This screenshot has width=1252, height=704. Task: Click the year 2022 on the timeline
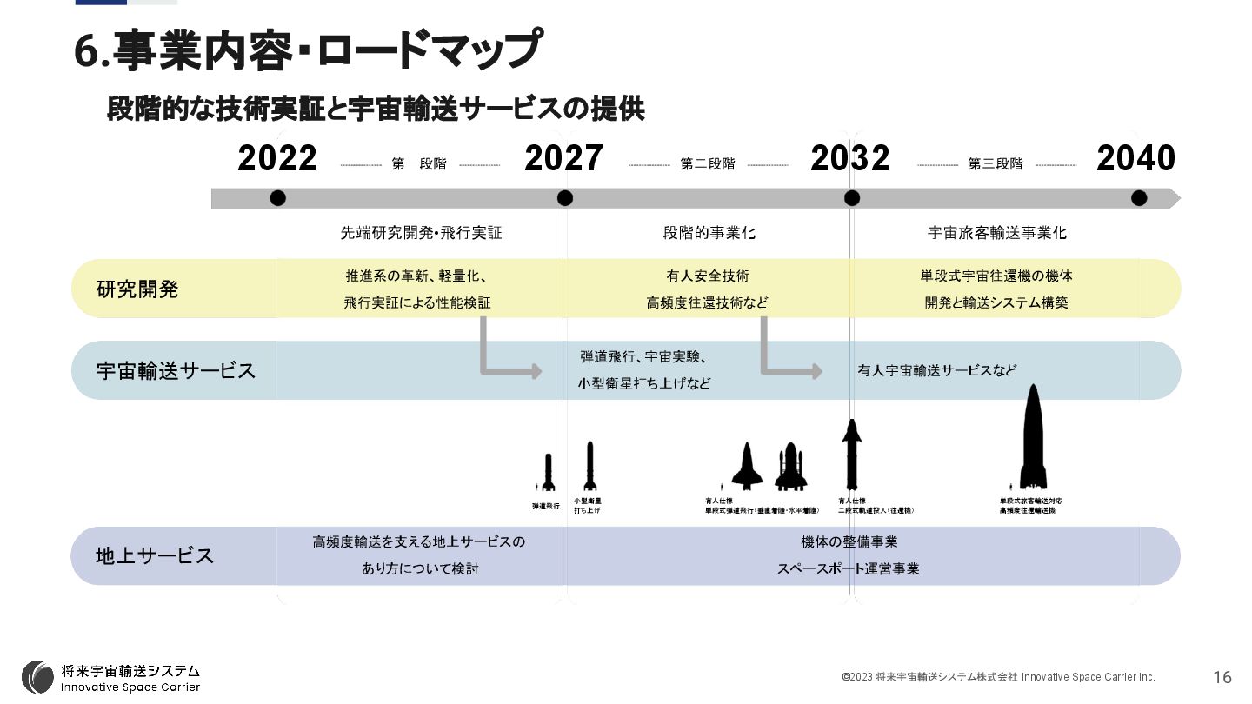click(277, 159)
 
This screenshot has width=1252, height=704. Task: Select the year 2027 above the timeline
click(563, 159)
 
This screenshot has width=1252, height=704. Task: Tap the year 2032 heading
click(850, 159)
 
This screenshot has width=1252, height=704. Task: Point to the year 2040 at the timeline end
click(1135, 159)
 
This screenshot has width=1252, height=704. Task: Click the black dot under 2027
click(565, 198)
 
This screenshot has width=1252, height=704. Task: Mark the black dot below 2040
click(1139, 198)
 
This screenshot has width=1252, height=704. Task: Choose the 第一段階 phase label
click(419, 163)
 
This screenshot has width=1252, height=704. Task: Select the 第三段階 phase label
click(996, 163)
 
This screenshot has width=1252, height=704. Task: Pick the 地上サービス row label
click(155, 555)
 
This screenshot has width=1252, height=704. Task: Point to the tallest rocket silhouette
click(1033, 439)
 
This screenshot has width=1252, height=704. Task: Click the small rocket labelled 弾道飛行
click(548, 474)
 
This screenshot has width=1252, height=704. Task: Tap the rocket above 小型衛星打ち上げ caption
click(590, 467)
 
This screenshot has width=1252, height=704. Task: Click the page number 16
click(1222, 677)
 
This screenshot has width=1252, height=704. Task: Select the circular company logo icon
click(37, 677)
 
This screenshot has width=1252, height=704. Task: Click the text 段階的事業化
click(709, 233)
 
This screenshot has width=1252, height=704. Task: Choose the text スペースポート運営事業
click(848, 569)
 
